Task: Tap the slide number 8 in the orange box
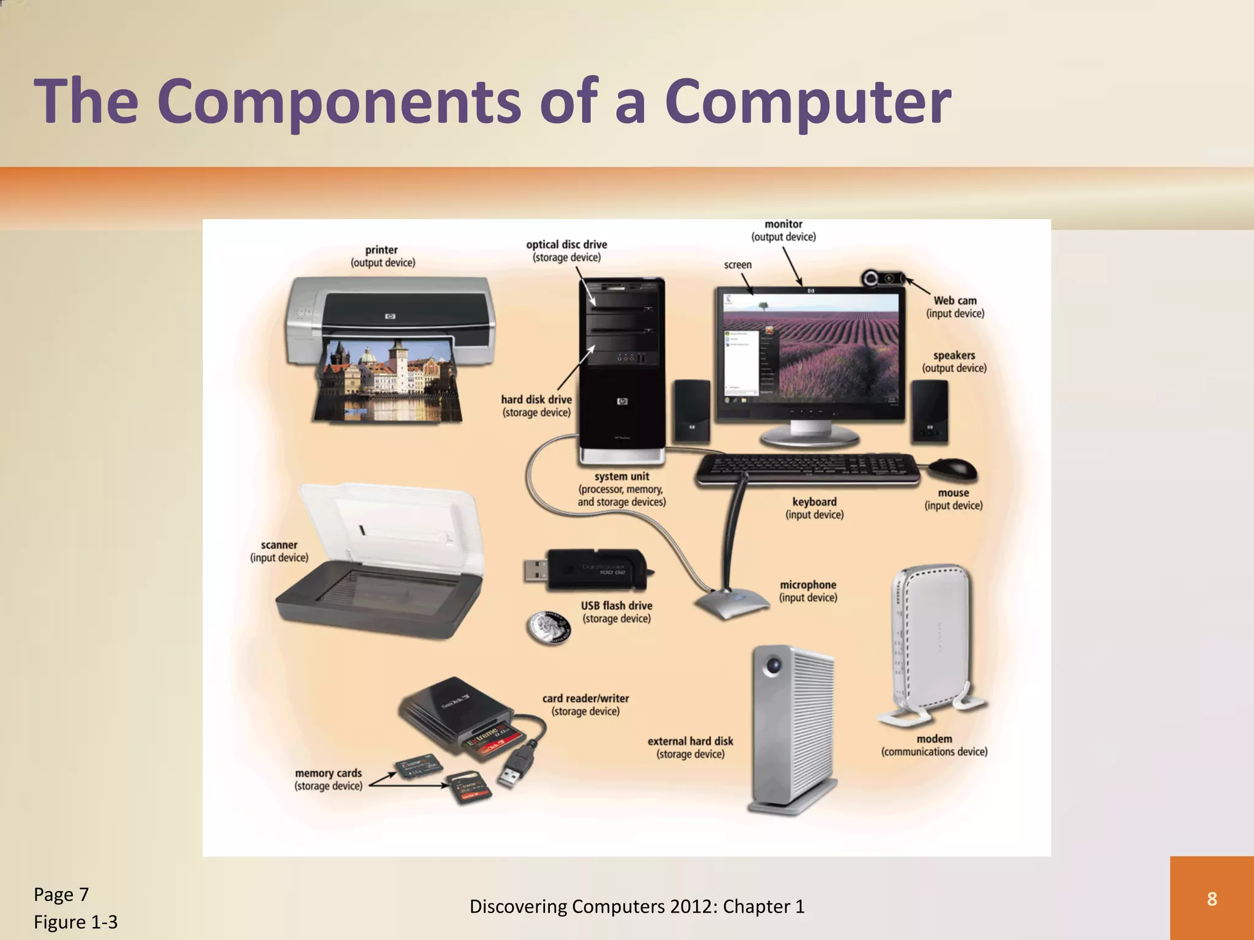1212,898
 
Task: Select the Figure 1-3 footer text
75,922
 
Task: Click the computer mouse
952,469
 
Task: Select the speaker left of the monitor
692,411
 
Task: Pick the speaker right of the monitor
930,411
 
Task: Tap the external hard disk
794,728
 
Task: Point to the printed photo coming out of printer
389,379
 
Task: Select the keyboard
807,469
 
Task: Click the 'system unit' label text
621,476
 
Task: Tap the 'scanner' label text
279,545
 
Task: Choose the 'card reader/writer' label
585,698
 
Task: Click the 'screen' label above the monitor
737,265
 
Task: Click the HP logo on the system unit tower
622,401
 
